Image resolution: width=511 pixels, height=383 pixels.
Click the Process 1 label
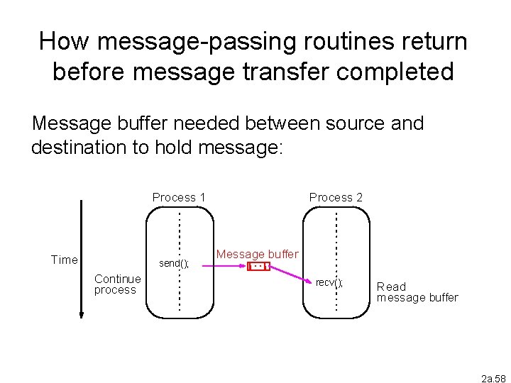tap(179, 197)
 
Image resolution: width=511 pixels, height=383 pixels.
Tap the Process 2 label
tap(336, 197)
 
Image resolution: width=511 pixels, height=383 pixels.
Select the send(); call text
tap(174, 263)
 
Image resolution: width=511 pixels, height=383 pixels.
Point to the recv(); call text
tap(329, 283)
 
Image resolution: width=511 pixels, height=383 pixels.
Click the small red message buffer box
tap(258, 267)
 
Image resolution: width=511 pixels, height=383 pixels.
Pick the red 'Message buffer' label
tap(258, 254)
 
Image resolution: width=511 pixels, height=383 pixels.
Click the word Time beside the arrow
tap(65, 260)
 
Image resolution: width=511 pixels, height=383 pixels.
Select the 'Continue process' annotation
tap(117, 284)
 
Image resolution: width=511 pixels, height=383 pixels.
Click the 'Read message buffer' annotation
tap(417, 292)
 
